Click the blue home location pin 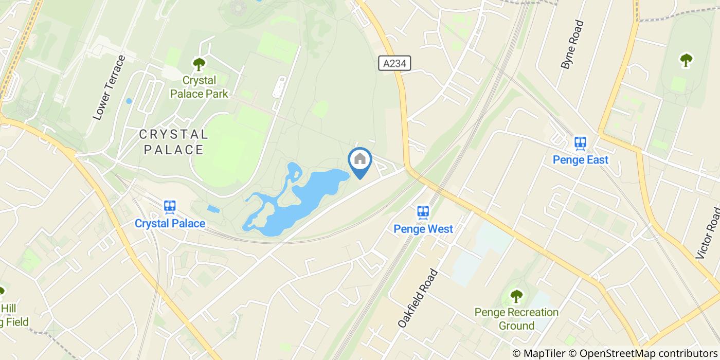click(360, 160)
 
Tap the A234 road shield click(395, 63)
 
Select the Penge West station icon click(423, 212)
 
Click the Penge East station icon click(581, 143)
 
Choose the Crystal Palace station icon click(170, 207)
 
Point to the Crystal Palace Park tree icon click(199, 64)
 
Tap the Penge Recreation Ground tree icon click(516, 297)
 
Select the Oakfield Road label click(417, 298)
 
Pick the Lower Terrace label click(109, 88)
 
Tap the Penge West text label click(423, 228)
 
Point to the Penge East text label click(581, 160)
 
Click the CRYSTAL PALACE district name click(174, 142)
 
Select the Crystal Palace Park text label click(199, 87)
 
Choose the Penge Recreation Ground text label click(516, 319)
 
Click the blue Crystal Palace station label click(170, 224)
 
